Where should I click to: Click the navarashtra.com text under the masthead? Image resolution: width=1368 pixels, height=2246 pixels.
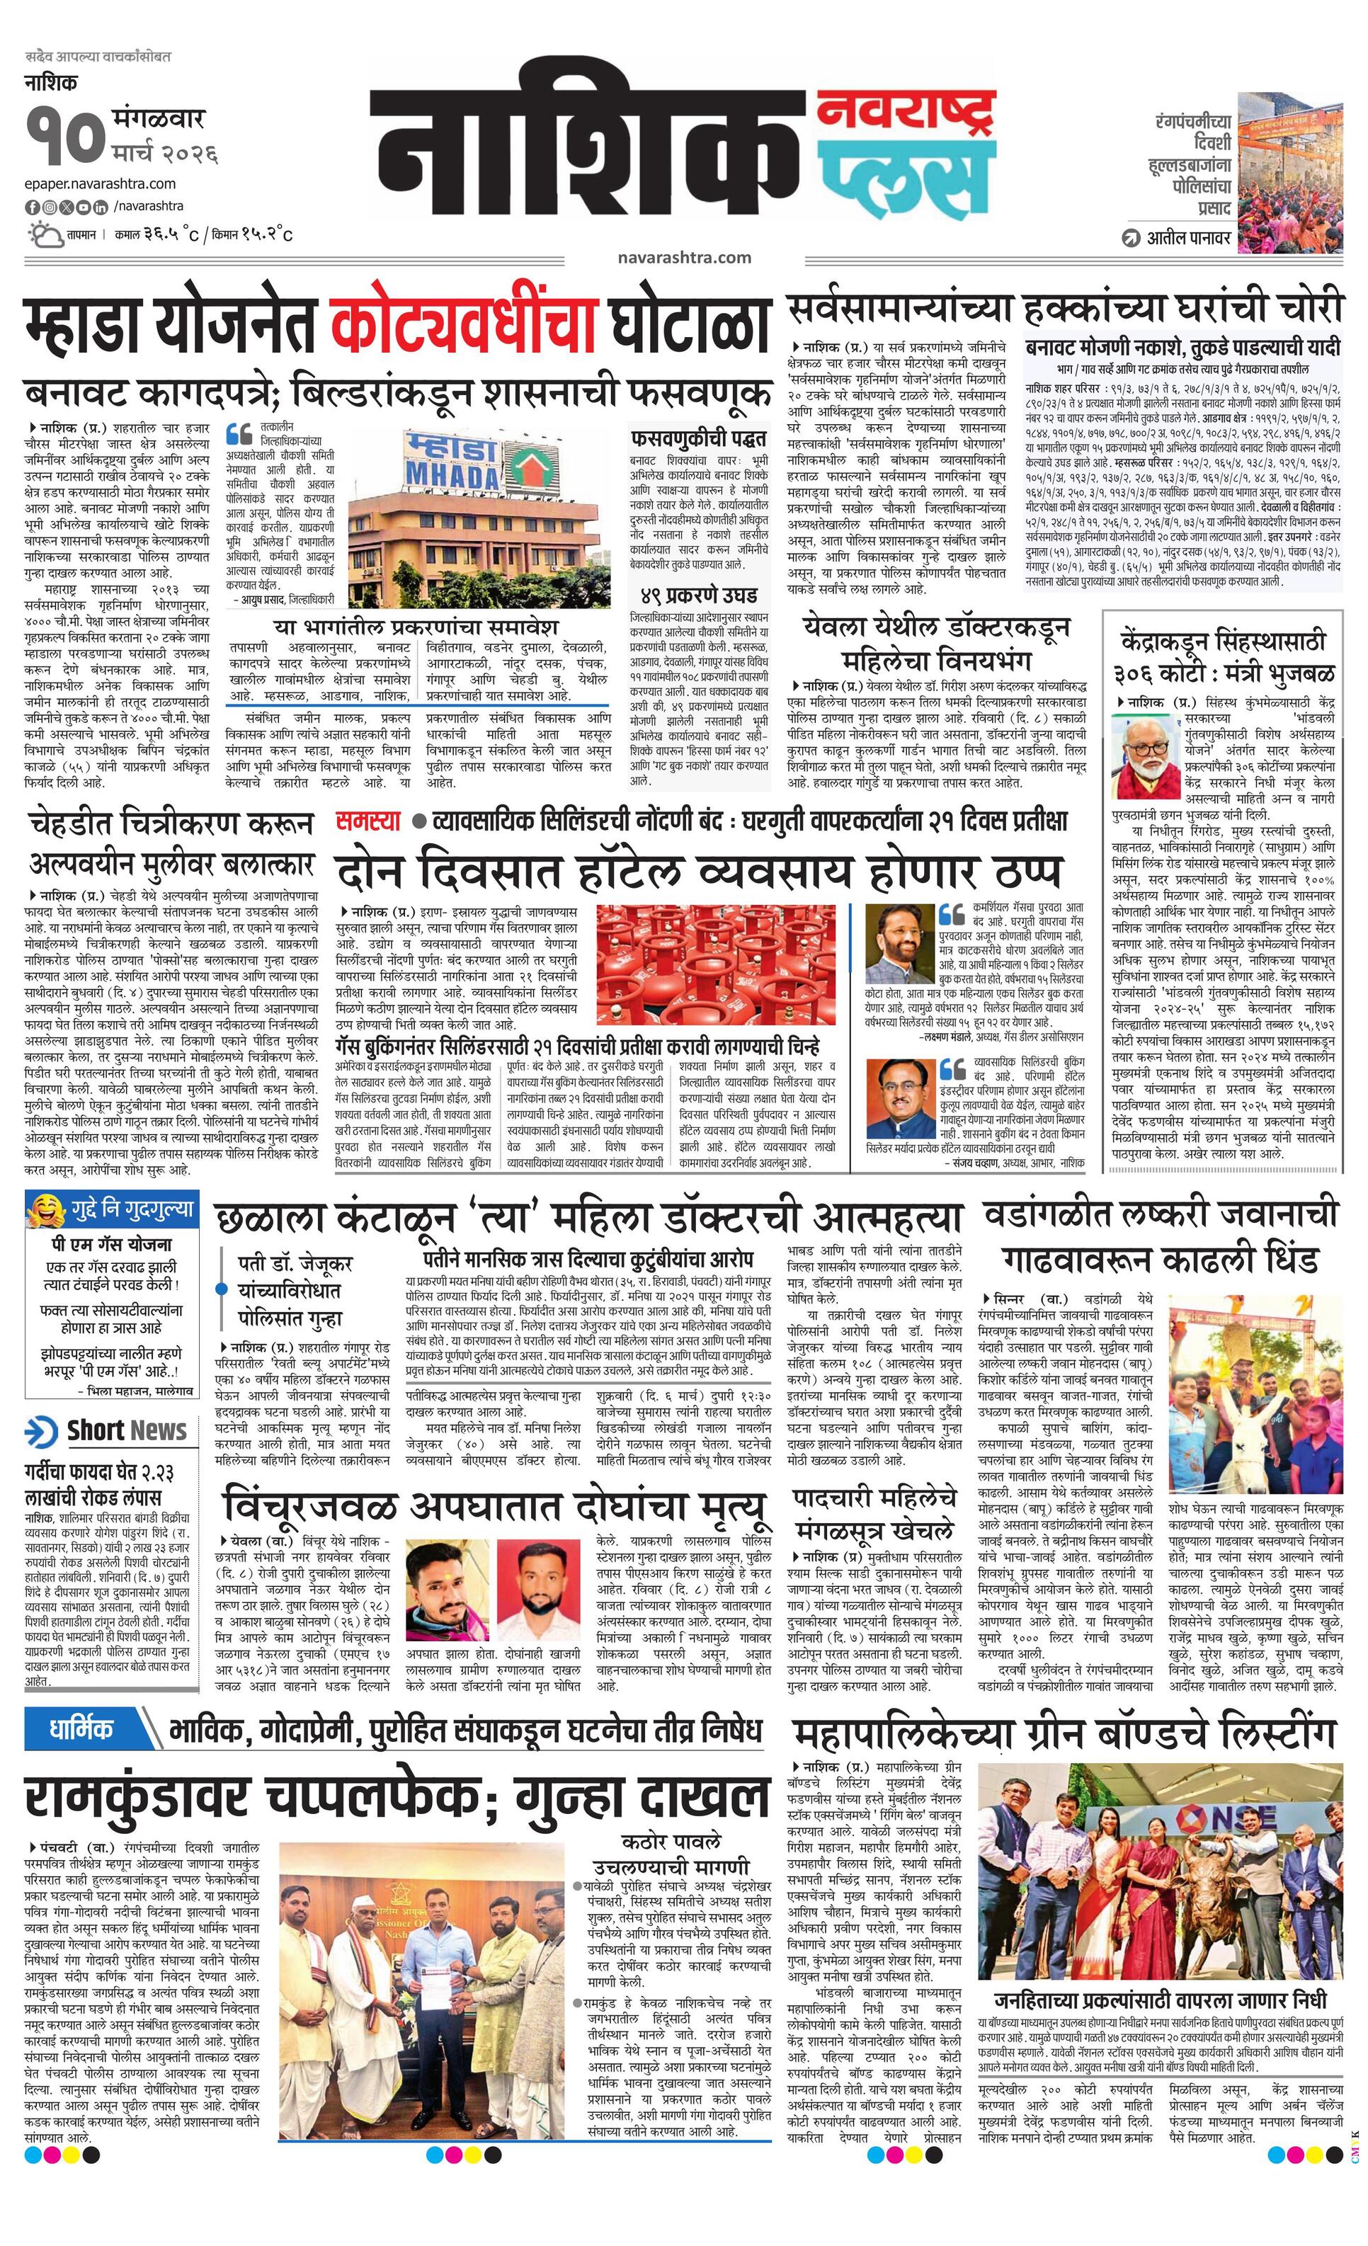tap(683, 257)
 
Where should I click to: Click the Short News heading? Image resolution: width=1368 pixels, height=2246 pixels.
tap(126, 1430)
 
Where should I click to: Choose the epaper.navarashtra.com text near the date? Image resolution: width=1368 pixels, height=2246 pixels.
tap(101, 184)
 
